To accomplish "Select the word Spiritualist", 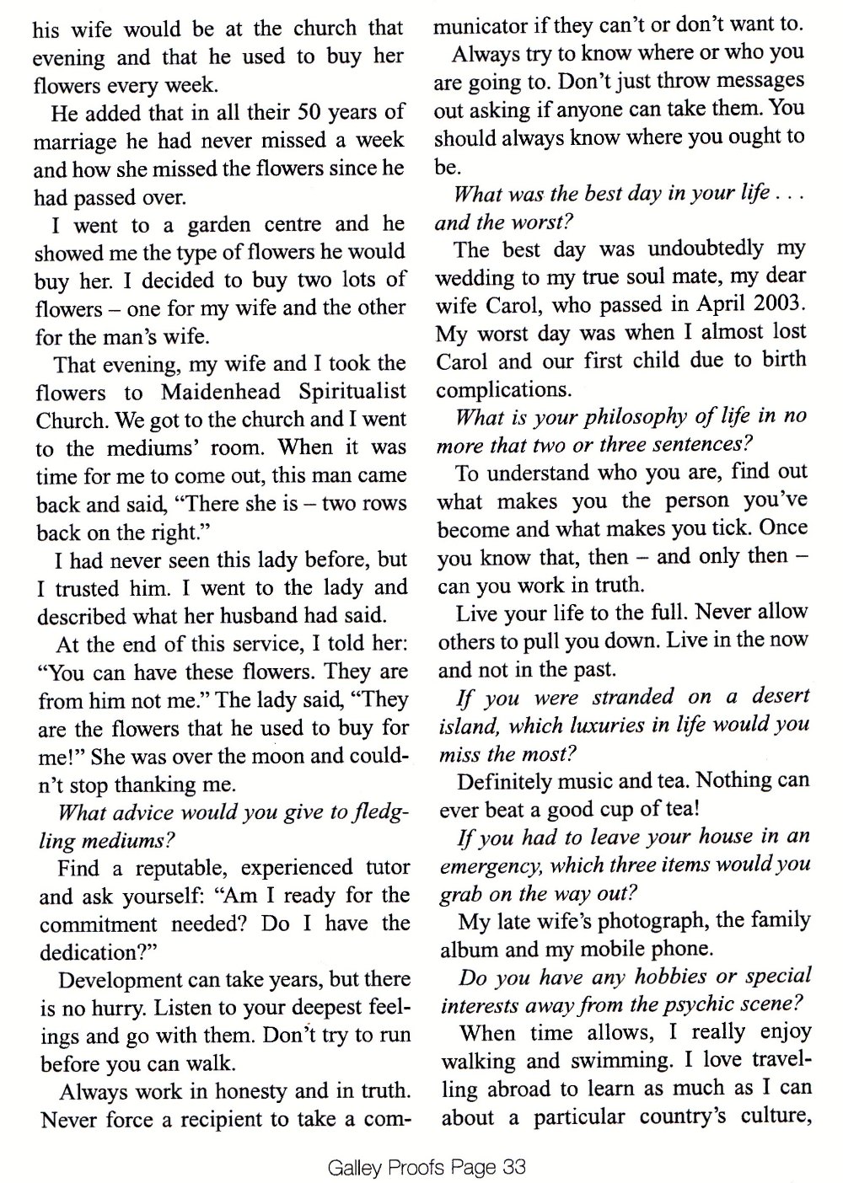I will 356,392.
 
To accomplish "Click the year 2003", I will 777,304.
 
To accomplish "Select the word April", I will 713,304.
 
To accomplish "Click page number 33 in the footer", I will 513,1166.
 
